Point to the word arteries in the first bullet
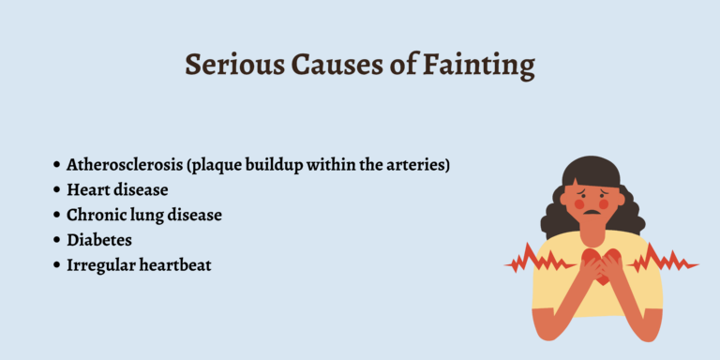pos(418,165)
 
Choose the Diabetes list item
pos(98,241)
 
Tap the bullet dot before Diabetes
pos(56,241)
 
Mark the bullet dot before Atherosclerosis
pos(56,166)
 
